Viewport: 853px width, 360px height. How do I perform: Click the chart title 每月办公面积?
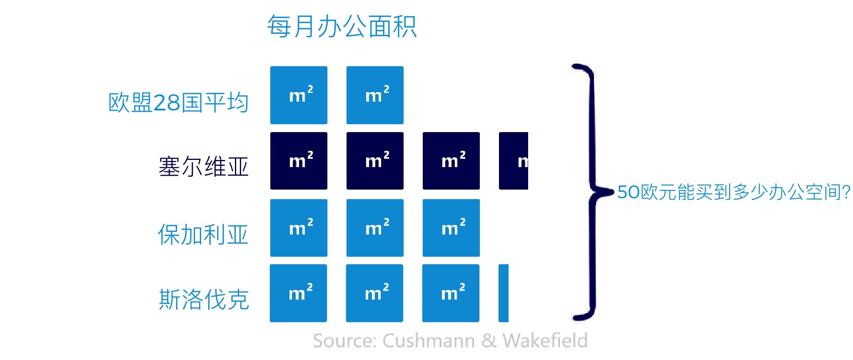[x=342, y=27]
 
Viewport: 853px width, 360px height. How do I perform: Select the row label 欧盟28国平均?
[x=178, y=102]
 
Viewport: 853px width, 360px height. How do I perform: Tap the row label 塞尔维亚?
[x=203, y=167]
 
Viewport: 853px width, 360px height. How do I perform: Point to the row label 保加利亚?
[x=203, y=234]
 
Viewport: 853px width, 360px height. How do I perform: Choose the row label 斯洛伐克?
[x=204, y=299]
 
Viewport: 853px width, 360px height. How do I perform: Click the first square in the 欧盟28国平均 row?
[x=299, y=95]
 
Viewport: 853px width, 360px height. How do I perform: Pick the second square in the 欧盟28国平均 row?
[x=375, y=95]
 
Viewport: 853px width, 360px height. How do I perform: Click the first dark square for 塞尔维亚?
[x=299, y=161]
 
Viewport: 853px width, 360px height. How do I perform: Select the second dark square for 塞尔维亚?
[x=375, y=161]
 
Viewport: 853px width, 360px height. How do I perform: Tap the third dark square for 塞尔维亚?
[x=451, y=161]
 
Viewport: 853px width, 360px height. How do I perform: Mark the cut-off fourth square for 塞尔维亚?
[x=514, y=161]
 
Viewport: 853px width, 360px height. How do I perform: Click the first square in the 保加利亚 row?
[x=299, y=228]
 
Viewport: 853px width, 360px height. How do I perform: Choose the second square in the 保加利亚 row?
[x=375, y=228]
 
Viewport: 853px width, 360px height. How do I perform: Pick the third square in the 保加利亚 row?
[x=451, y=228]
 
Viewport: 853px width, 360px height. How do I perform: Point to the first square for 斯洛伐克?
[x=298, y=293]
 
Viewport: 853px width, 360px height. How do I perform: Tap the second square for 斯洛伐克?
[x=374, y=293]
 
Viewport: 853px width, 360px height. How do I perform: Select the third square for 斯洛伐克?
[x=451, y=293]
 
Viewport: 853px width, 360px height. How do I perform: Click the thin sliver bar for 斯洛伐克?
[x=504, y=293]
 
